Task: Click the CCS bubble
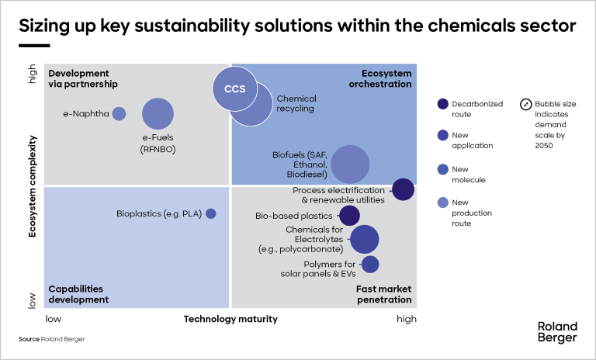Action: (x=235, y=88)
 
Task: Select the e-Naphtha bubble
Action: (x=119, y=113)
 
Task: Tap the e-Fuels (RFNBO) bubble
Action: (x=158, y=113)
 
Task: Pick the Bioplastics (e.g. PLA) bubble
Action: (x=210, y=213)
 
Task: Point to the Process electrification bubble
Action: (x=403, y=189)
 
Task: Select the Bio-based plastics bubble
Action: (x=349, y=216)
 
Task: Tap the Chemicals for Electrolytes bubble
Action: (x=364, y=240)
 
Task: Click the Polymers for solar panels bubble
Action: (x=370, y=265)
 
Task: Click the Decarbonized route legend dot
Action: (x=443, y=104)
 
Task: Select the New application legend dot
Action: (x=443, y=135)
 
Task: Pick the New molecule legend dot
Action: (x=443, y=170)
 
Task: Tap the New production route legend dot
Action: (x=443, y=203)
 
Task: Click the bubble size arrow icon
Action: (x=525, y=104)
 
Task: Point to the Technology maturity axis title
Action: (x=230, y=319)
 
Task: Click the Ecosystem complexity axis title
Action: (x=33, y=186)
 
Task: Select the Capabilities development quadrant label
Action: (x=78, y=294)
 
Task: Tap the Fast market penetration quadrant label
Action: (x=383, y=294)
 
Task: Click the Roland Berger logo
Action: (x=557, y=331)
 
